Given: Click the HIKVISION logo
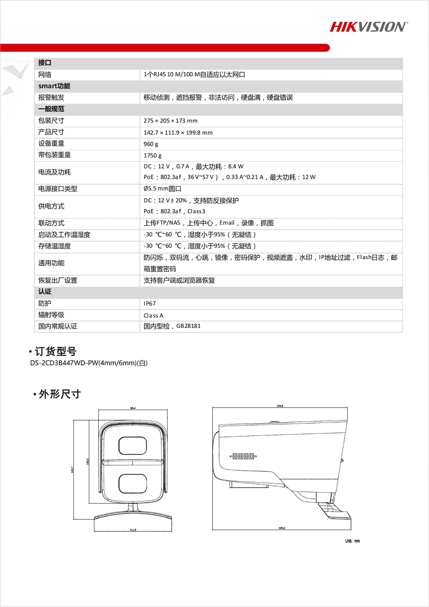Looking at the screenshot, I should [x=369, y=27].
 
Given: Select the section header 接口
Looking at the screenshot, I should [x=45, y=63].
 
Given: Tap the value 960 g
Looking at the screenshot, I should [x=151, y=144].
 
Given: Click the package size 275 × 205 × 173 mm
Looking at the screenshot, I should [x=170, y=121].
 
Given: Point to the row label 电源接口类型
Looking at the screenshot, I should [x=58, y=189].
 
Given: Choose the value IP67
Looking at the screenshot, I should [x=150, y=303].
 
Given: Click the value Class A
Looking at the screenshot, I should [x=153, y=315].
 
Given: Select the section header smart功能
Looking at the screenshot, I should [x=54, y=86].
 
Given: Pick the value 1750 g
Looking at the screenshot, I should [x=153, y=155].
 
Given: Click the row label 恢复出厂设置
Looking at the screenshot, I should [x=58, y=281].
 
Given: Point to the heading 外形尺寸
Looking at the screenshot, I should [x=59, y=394].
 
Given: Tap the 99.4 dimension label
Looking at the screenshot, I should [x=133, y=408].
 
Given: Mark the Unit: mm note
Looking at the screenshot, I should [x=352, y=541].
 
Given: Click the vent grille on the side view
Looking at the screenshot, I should [x=243, y=456].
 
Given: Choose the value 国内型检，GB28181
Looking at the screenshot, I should [x=172, y=326].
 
